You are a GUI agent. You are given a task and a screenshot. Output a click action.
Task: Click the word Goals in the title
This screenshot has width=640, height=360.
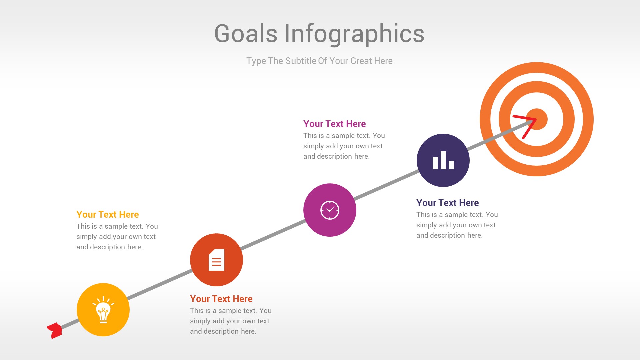coord(246,34)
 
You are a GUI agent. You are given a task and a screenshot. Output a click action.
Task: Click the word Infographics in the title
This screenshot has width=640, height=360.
coord(354,34)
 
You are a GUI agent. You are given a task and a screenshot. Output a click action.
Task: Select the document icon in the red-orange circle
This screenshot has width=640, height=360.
coord(216,260)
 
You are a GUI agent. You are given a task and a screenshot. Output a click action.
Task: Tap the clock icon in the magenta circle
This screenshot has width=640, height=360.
coord(330,210)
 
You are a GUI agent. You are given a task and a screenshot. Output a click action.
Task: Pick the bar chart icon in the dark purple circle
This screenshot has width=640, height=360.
coord(443,161)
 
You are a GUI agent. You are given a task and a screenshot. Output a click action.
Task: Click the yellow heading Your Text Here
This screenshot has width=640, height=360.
coord(107,214)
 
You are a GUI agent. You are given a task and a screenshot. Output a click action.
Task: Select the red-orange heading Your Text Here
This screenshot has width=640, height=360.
coord(221,299)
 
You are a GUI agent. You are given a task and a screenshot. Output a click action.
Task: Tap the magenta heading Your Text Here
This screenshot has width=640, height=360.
coord(334,124)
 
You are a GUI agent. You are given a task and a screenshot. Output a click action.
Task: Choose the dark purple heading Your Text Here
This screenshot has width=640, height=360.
coord(447,203)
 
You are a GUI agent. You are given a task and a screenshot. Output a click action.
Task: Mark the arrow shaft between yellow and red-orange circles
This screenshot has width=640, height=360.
coord(160,285)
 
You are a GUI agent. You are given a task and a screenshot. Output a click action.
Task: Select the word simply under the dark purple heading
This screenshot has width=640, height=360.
coord(427,225)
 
